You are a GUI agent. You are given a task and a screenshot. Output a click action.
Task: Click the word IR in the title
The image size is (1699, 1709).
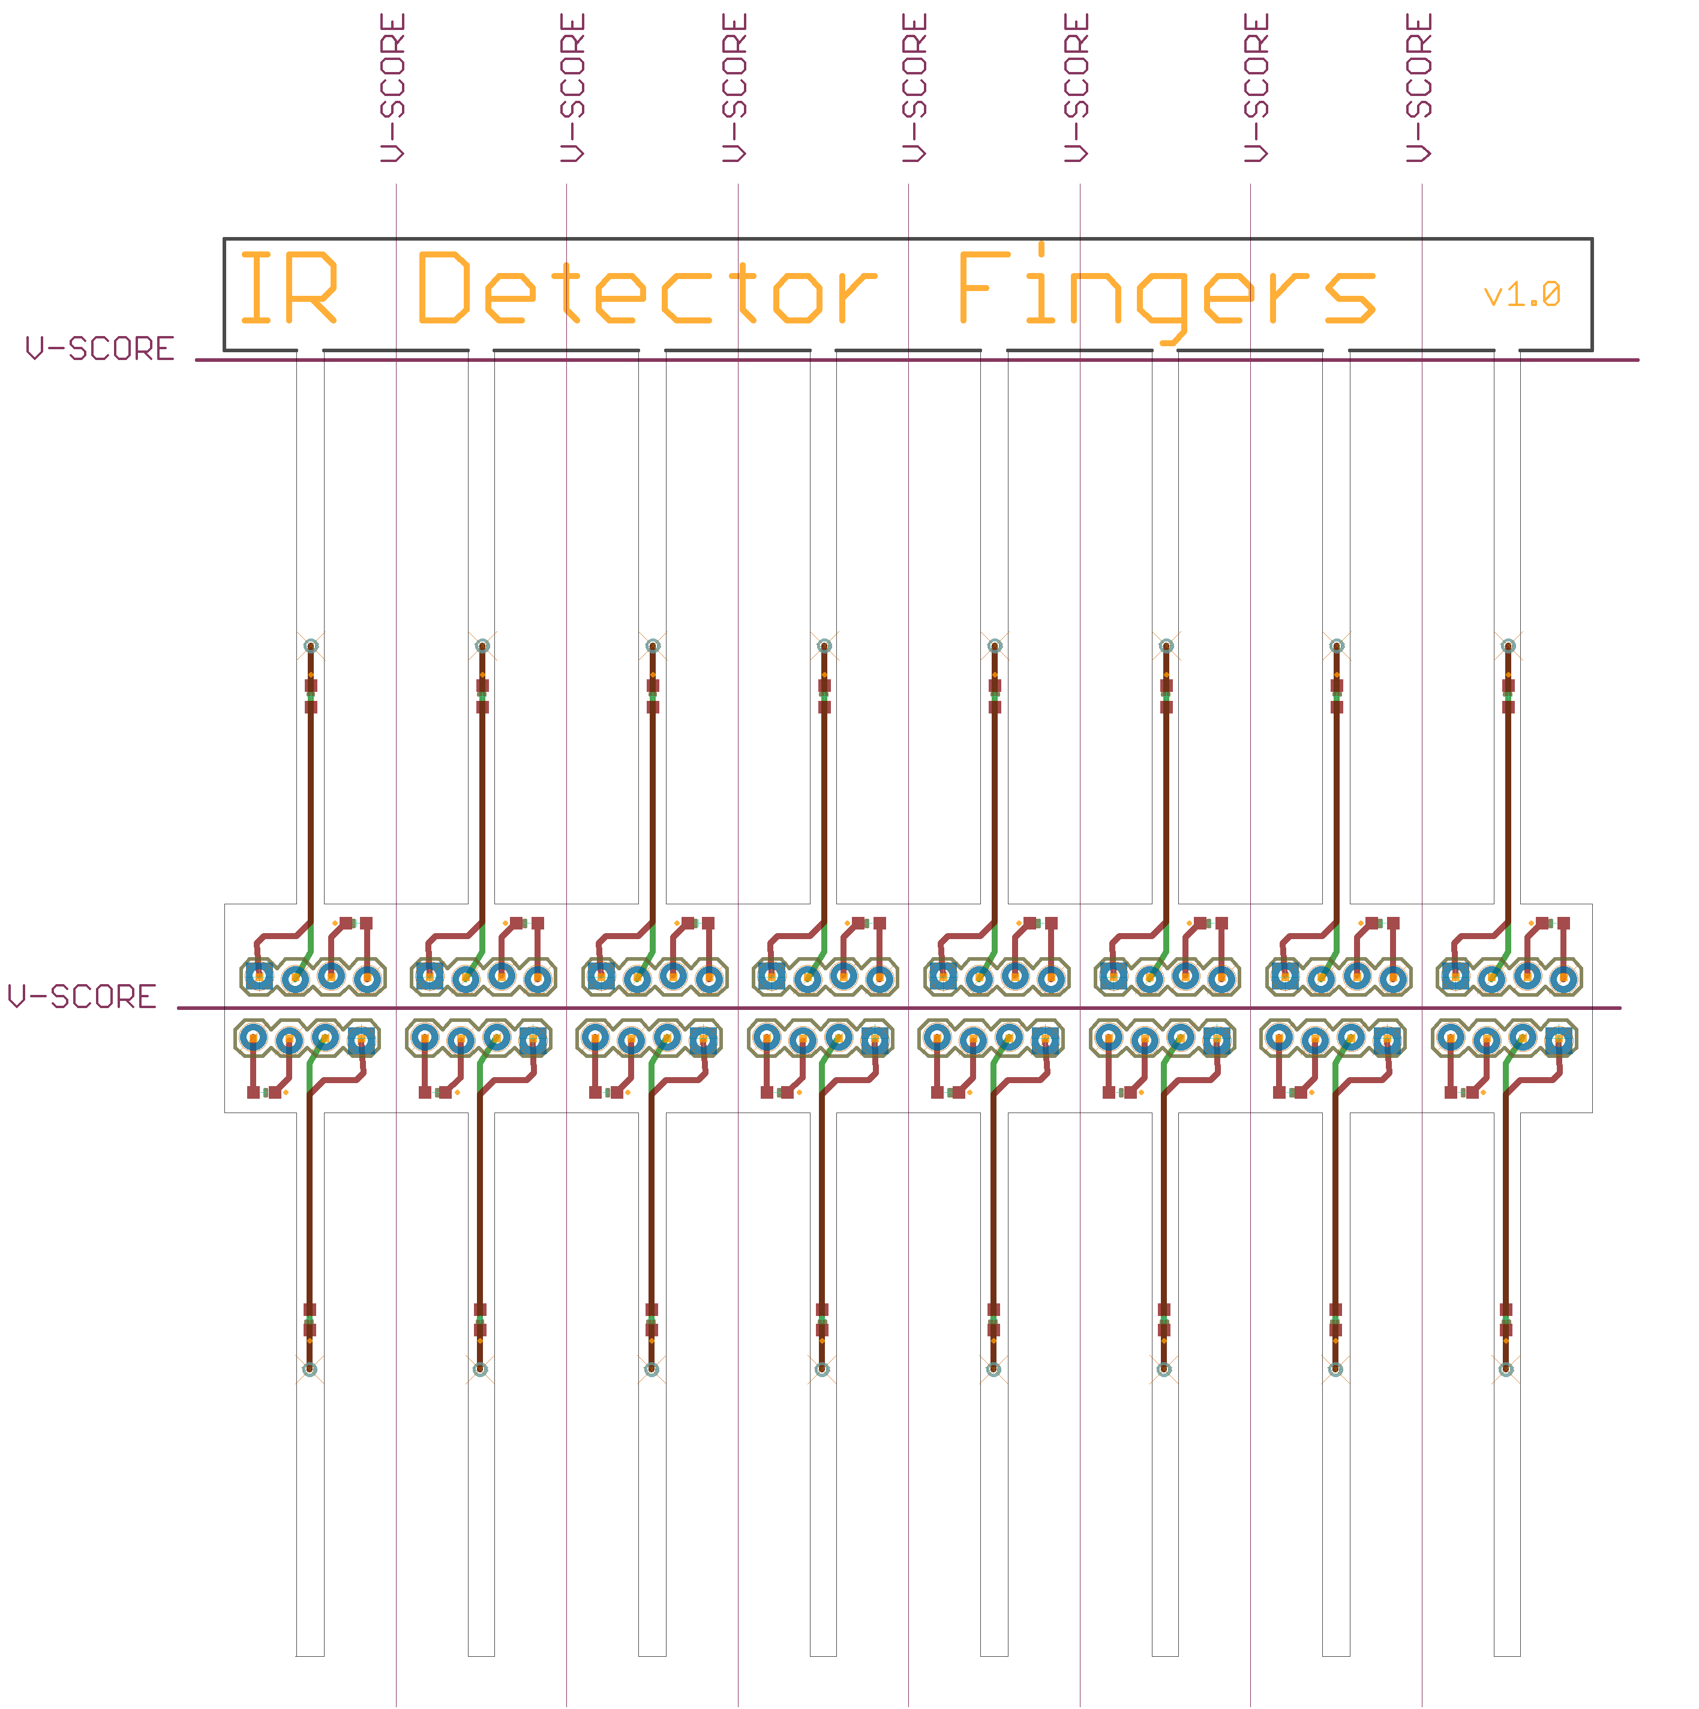[289, 287]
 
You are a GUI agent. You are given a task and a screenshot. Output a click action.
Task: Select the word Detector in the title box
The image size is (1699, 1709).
[647, 287]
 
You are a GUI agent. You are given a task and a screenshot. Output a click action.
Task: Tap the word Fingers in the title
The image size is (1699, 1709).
[1167, 293]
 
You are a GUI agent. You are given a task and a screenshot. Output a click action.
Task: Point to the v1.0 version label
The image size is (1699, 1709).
[1522, 295]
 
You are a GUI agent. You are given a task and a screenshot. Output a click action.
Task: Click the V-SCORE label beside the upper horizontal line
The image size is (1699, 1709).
[100, 349]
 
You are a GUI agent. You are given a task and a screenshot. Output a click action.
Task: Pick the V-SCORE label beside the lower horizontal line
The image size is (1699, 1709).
[82, 997]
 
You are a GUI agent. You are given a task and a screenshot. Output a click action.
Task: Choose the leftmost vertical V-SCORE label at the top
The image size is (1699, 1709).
[393, 88]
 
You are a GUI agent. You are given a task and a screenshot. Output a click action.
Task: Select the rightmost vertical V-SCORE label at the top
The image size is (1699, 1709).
[1419, 88]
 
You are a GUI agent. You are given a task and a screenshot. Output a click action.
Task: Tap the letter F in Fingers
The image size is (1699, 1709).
[984, 287]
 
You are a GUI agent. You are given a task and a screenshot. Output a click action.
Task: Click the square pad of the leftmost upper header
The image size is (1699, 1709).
[259, 976]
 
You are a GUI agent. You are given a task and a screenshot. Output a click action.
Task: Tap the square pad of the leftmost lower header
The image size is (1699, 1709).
[361, 1039]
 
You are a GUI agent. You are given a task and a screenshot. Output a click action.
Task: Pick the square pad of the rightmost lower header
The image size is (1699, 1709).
[1559, 1039]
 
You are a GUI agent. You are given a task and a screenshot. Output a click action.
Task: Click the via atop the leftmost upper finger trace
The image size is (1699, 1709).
[310, 646]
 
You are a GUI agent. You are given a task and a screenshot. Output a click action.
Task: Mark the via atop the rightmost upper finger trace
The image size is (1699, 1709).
[1508, 646]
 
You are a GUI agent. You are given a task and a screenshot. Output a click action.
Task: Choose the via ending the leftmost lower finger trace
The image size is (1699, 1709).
[310, 1369]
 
